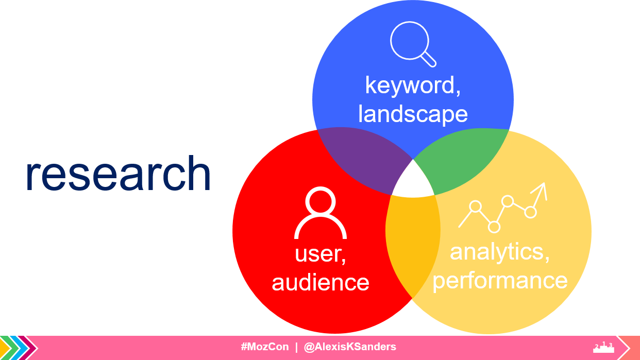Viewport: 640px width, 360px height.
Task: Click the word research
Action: [x=119, y=173]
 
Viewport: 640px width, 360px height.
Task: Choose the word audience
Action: [x=321, y=282]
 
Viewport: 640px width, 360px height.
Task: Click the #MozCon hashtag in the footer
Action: [x=265, y=347]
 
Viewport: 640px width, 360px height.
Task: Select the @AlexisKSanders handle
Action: [x=350, y=347]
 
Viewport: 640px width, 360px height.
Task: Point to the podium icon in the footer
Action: [x=603, y=347]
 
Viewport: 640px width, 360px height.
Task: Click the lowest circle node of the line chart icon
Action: [x=494, y=227]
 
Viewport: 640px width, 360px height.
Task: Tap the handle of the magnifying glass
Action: [x=429, y=59]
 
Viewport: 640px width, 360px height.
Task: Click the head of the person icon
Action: [x=321, y=201]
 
